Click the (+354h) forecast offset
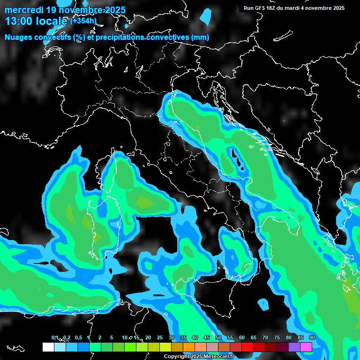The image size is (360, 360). (x=83, y=21)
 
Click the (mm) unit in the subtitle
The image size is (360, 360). (x=200, y=37)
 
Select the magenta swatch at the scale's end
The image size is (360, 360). (x=306, y=347)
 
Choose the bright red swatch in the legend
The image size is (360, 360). (x=247, y=347)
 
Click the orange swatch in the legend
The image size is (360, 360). (x=189, y=347)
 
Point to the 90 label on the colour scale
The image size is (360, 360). (x=312, y=337)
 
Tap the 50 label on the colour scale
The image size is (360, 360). (x=218, y=337)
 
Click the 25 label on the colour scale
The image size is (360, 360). (x=160, y=337)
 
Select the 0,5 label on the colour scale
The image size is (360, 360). (x=78, y=337)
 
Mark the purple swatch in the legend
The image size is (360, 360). (x=294, y=347)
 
